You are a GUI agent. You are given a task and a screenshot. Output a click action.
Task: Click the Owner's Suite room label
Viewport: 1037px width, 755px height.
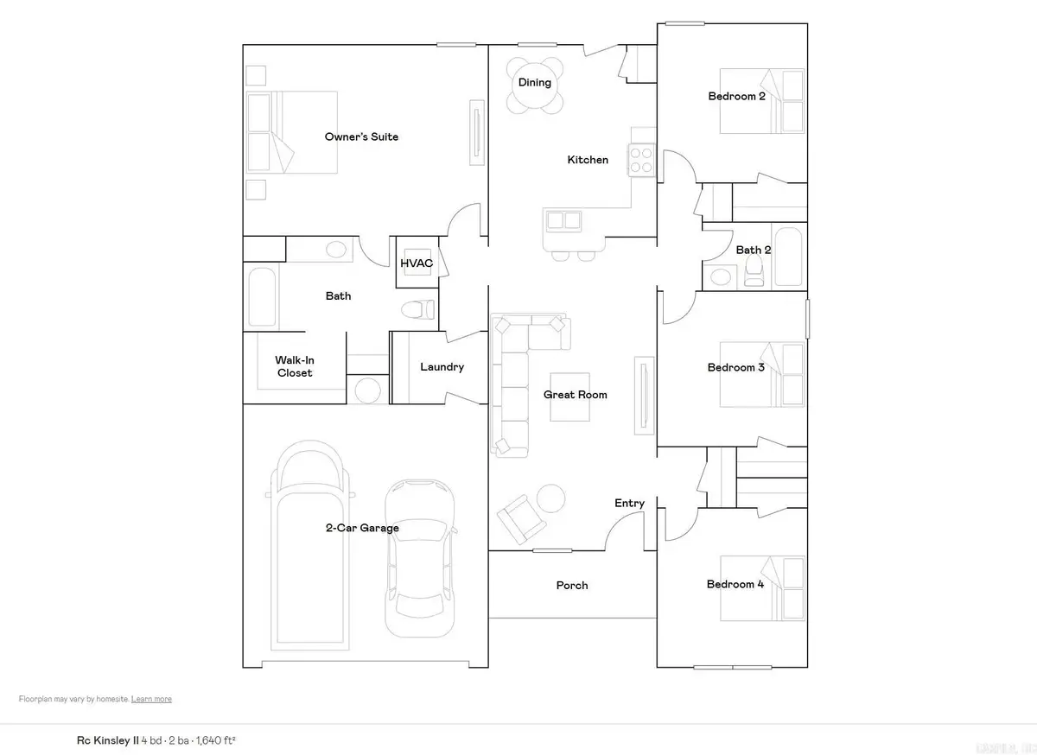coord(361,136)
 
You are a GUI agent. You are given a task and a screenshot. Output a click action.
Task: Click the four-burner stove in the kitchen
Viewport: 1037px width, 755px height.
coord(641,160)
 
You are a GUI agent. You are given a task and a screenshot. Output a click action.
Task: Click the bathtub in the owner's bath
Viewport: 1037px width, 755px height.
coord(262,296)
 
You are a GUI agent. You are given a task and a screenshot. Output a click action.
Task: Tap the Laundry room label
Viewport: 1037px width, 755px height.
coord(442,367)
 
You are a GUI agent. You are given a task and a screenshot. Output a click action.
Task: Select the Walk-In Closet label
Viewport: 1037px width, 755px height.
coord(294,366)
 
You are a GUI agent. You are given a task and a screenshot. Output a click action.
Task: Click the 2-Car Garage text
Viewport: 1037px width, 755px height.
coord(362,528)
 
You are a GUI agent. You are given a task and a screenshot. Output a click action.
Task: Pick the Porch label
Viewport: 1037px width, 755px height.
coord(572,586)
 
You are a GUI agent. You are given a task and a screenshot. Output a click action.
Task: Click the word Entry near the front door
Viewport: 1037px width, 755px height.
coord(629,504)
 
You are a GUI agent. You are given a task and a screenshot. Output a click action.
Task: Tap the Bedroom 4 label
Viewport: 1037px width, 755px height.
coord(735,585)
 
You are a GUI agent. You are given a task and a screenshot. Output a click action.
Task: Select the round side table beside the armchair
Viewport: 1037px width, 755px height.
coord(550,498)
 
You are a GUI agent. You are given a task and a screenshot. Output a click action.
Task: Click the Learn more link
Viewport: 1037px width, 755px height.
coord(151,700)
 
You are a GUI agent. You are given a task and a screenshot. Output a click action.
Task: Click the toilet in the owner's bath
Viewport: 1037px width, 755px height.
coord(419,308)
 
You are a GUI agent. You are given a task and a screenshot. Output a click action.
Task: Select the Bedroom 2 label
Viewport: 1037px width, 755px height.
coord(736,96)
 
